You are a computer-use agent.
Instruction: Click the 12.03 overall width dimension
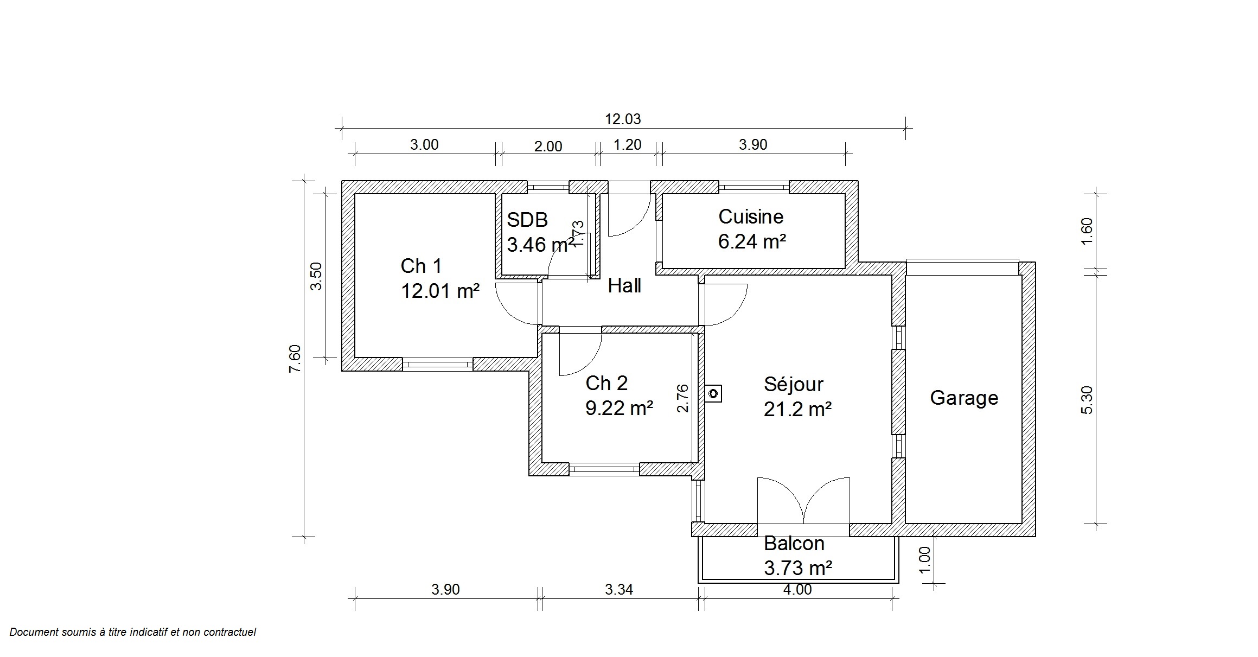(623, 119)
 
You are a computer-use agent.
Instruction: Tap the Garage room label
(964, 398)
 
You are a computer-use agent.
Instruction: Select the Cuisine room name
(751, 217)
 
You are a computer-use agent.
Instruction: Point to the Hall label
(624, 286)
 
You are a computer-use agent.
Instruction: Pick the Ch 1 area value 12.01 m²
(440, 291)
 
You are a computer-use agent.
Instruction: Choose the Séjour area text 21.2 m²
(797, 409)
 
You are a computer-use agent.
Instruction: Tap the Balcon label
(794, 544)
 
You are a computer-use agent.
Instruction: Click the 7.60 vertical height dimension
(295, 359)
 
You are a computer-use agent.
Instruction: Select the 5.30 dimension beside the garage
(1087, 400)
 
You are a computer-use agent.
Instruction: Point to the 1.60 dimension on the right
(1087, 232)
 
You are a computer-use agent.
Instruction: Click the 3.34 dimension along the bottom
(619, 589)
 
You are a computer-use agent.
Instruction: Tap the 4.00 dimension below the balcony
(797, 589)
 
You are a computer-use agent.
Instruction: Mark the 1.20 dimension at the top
(627, 145)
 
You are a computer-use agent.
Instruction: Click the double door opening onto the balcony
(803, 500)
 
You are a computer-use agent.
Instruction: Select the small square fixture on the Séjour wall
(714, 393)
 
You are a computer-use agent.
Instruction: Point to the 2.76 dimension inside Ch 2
(683, 398)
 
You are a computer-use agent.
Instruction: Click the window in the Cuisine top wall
(754, 187)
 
